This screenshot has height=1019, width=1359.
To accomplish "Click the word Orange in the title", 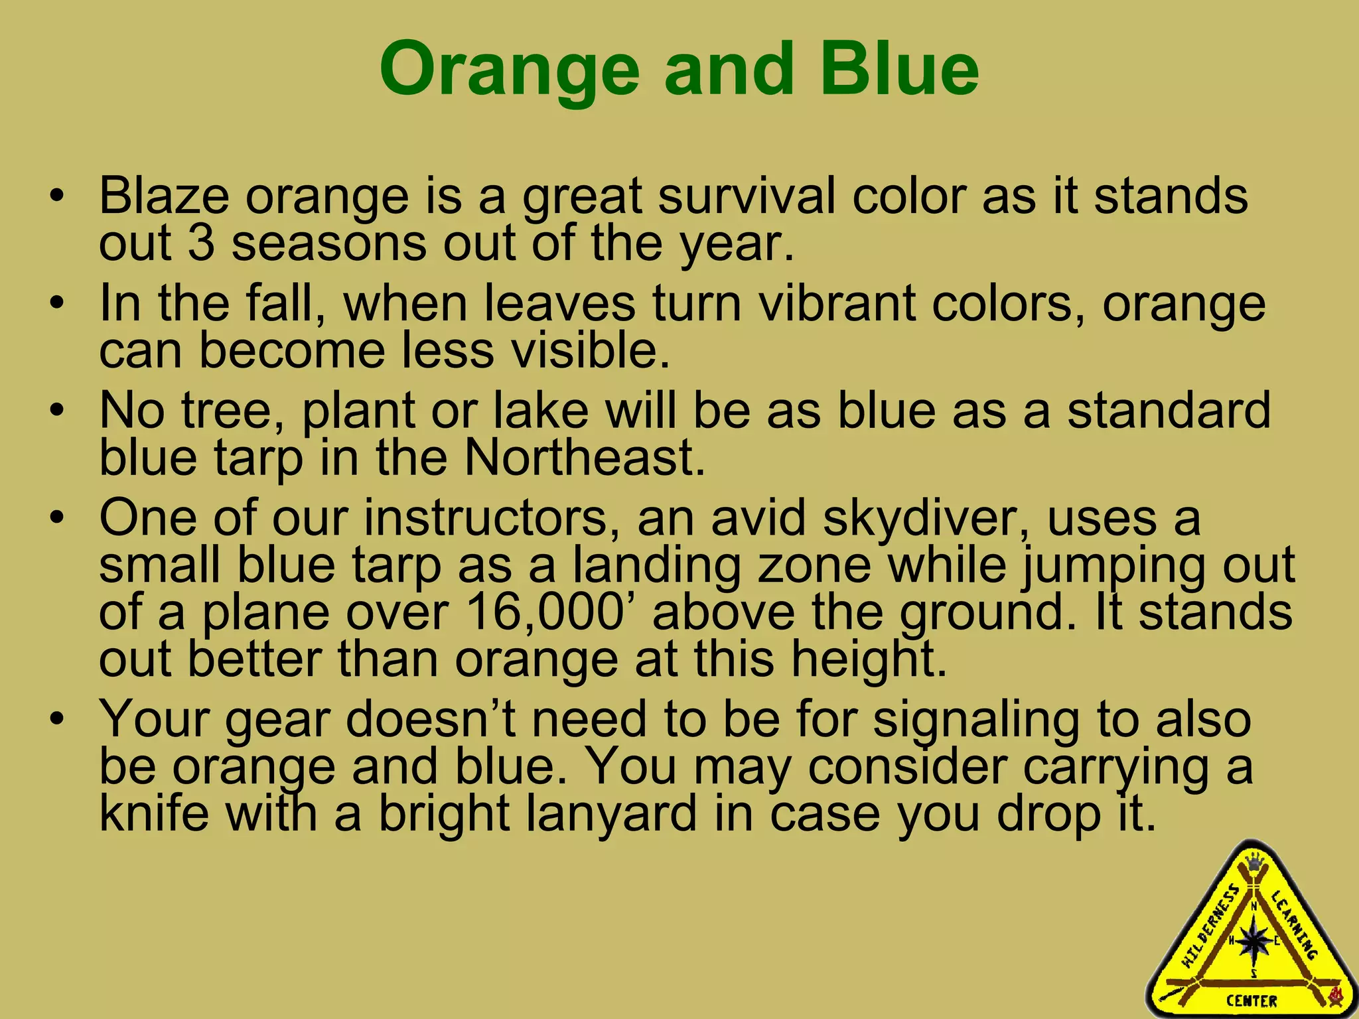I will point(510,70).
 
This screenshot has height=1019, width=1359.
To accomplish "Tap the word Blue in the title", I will point(899,68).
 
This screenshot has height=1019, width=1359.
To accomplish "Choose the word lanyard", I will point(611,814).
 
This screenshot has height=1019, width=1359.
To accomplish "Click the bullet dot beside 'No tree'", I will point(58,411).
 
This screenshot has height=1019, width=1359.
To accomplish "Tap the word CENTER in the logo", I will point(1252,1000).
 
